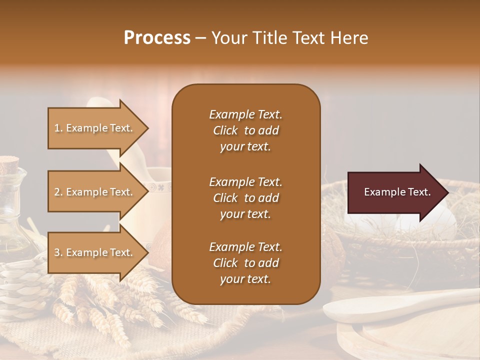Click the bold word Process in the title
pos(157,38)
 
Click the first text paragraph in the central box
pos(245,130)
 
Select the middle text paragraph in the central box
pos(245,198)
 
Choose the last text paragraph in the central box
pos(245,263)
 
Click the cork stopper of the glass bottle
pos(8,163)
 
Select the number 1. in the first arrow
pos(58,128)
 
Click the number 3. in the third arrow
pos(58,252)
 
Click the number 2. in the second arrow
pos(58,192)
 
